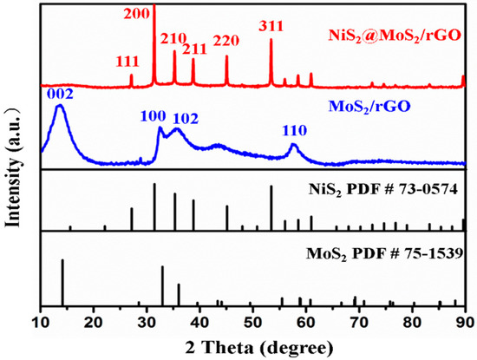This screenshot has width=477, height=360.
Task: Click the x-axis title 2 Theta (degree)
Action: (x=252, y=347)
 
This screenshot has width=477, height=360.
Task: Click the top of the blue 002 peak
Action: (x=59, y=106)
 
